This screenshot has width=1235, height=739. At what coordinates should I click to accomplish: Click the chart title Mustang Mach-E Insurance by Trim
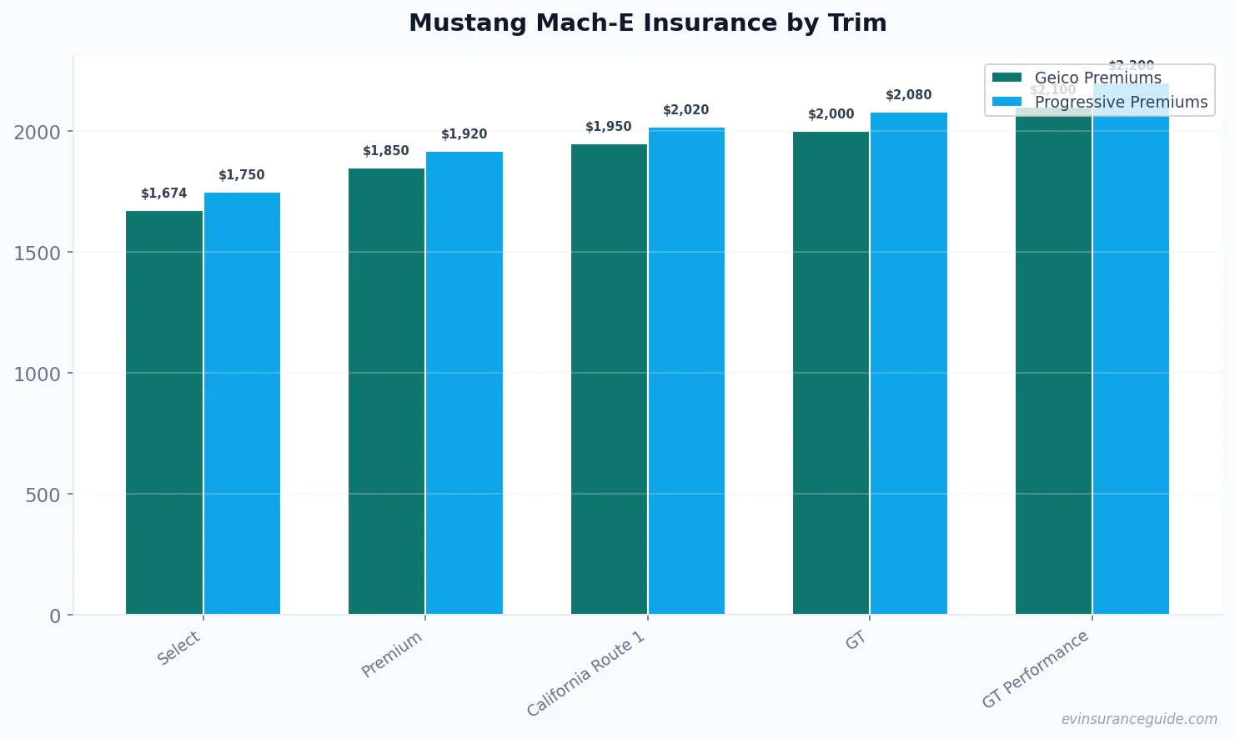point(647,23)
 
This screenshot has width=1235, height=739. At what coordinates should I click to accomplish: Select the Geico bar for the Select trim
point(164,413)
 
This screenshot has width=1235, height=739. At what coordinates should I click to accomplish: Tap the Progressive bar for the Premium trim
point(464,384)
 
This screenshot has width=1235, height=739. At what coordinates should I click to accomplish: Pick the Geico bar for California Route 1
point(609,380)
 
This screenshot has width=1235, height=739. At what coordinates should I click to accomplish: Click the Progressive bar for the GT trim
point(909,364)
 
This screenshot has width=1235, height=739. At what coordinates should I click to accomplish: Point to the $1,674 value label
point(164,194)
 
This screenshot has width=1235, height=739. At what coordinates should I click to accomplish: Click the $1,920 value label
point(464,134)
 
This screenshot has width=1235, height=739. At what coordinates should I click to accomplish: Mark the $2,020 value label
point(686,110)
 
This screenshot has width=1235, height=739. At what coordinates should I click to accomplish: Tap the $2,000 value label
point(831,114)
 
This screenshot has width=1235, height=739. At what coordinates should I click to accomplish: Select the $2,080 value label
point(909,95)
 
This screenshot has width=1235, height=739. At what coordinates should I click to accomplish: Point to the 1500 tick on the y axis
point(38,253)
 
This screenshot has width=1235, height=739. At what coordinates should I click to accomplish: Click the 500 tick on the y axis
point(43,495)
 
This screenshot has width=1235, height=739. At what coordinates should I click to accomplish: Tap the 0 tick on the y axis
point(55,616)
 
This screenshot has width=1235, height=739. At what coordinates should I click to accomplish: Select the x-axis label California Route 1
point(586,673)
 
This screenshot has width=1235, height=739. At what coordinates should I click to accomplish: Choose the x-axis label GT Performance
point(1036,669)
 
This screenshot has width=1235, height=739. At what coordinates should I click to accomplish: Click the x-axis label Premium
point(392,655)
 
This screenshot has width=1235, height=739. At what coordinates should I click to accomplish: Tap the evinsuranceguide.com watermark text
point(1139,719)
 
